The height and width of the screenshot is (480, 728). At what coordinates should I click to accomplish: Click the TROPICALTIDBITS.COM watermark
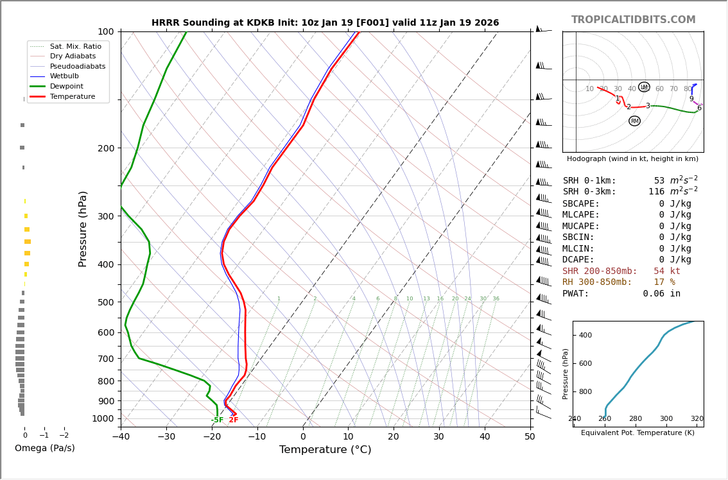(x=633, y=20)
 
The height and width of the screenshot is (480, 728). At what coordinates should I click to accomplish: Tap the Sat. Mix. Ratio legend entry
(x=75, y=46)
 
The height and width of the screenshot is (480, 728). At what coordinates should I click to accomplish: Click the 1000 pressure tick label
(x=103, y=418)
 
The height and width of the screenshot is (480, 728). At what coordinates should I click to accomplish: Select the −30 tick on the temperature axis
(x=166, y=437)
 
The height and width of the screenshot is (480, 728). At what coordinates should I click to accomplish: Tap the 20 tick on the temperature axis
(x=394, y=437)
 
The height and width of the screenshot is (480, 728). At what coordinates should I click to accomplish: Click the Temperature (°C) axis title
(x=325, y=450)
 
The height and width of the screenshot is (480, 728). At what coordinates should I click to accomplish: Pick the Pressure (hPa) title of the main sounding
(x=83, y=228)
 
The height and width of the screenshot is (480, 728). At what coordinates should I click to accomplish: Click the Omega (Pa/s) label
(x=45, y=448)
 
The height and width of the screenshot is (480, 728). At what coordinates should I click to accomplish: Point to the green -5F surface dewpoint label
(x=218, y=420)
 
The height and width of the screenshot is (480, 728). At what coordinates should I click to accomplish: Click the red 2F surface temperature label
(x=234, y=420)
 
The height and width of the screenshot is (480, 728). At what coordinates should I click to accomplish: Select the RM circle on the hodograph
(x=634, y=121)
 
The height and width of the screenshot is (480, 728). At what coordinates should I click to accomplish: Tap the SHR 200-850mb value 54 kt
(x=667, y=271)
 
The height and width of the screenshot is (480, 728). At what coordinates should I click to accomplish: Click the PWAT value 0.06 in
(x=661, y=294)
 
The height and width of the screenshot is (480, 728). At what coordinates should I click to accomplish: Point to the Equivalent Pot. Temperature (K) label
(x=637, y=433)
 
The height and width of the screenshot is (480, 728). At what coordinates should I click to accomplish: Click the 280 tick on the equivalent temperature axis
(x=636, y=419)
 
